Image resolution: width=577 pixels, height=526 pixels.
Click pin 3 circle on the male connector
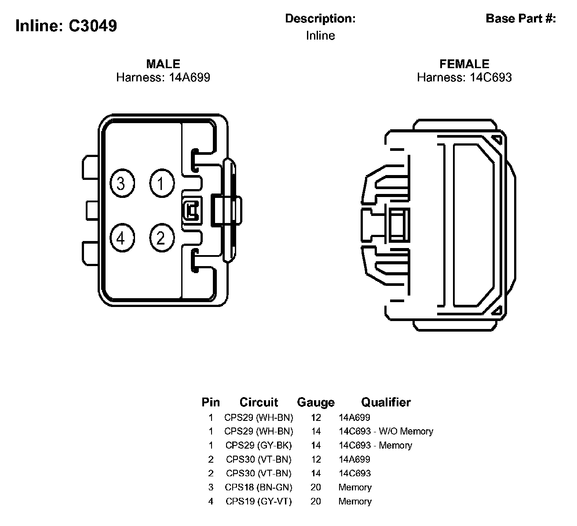121,183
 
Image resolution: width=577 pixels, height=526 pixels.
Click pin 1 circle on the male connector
161,183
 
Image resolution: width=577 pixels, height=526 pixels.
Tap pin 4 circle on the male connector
121,238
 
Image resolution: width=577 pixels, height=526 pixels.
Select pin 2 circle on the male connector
161,238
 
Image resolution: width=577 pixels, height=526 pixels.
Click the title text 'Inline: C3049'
66,26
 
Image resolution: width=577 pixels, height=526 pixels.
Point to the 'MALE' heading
163,64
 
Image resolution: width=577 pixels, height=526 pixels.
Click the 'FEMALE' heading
464,64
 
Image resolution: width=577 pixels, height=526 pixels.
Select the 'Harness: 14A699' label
163,78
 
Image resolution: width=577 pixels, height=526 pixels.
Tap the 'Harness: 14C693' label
464,78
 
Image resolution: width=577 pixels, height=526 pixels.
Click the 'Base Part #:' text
521,18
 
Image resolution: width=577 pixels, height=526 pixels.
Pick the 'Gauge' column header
316,402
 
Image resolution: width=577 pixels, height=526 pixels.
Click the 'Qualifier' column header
386,402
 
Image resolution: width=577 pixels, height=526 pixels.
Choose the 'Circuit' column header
259,402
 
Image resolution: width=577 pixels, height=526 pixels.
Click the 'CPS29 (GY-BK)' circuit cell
259,446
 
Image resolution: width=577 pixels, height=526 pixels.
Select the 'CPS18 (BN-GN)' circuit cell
259,487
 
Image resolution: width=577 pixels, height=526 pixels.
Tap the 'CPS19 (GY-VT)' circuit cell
259,501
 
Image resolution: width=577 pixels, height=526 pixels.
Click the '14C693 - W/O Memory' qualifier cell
386,431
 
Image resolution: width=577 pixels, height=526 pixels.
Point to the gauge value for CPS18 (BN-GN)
316,487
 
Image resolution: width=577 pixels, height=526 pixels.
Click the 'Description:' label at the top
320,18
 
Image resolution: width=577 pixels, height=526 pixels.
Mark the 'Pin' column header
211,402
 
